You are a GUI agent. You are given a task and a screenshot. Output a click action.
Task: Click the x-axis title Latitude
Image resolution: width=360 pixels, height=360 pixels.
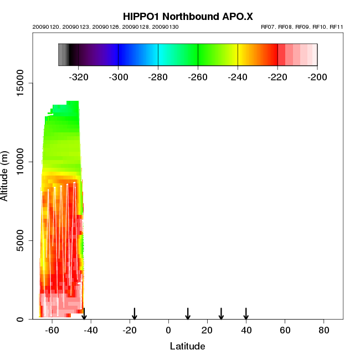point(187,346)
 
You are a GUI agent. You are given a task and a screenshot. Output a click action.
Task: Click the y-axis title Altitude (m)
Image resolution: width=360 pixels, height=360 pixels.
point(5,175)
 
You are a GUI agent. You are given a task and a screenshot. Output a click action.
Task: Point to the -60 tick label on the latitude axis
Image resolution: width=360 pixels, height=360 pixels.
point(52,331)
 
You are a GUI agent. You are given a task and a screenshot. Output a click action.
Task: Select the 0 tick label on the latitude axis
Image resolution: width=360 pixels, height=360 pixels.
point(168,331)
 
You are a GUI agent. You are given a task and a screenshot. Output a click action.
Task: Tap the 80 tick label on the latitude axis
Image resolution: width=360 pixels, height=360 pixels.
point(324,331)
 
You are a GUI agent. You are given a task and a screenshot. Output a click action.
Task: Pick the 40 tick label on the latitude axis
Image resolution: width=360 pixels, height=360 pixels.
point(246,331)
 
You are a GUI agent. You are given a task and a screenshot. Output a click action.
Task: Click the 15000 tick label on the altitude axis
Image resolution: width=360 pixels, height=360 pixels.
point(22,83)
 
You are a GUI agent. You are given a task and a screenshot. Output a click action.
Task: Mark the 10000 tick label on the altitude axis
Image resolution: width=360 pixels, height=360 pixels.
point(22,162)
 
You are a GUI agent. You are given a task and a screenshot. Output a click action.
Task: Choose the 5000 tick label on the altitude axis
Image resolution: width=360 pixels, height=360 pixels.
point(22,240)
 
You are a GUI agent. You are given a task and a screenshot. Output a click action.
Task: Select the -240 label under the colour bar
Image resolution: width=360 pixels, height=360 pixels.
point(238,77)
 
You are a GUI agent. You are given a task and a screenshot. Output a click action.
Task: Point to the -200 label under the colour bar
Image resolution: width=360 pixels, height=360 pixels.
point(317,77)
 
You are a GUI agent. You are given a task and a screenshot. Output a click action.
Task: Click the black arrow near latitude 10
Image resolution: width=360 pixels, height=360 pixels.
point(188,313)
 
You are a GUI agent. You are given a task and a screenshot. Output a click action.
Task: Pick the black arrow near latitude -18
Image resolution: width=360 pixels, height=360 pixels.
point(134,313)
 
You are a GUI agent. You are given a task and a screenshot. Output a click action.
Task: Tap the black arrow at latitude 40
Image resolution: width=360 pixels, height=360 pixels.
point(246,313)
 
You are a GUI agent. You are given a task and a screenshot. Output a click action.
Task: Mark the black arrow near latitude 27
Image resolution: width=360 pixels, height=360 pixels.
point(221,313)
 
